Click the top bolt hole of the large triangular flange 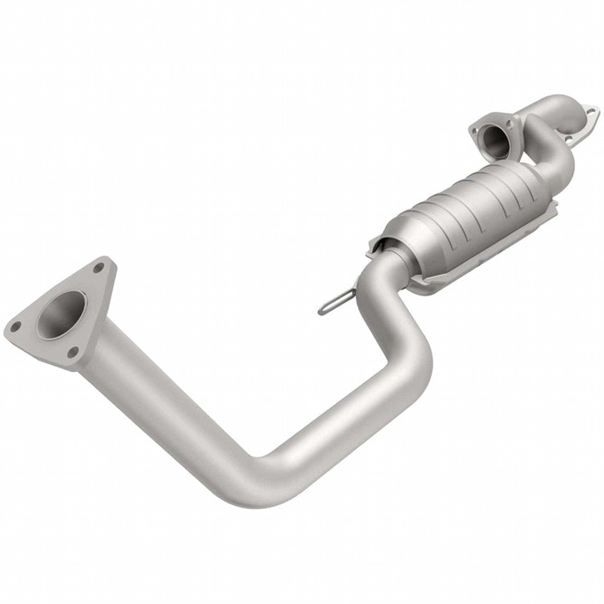[x=98, y=268]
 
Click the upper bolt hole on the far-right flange [x=588, y=110]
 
